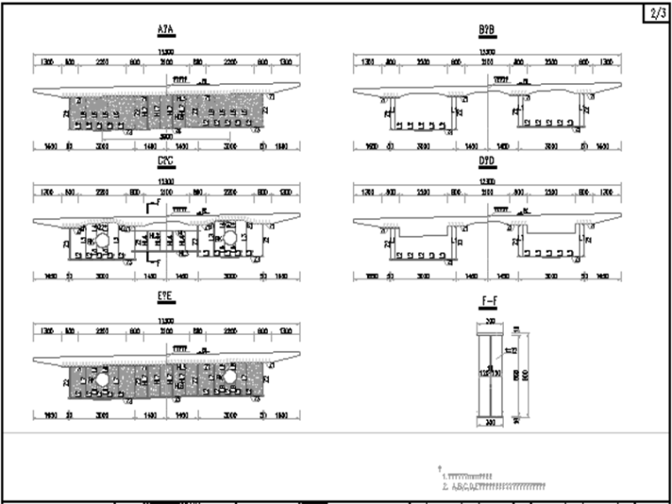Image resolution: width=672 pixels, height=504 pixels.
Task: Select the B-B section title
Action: (486, 30)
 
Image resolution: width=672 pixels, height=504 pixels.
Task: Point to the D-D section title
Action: (486, 163)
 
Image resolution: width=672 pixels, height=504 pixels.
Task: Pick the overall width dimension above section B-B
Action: (486, 53)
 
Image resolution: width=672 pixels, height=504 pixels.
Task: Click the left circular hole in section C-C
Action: (102, 240)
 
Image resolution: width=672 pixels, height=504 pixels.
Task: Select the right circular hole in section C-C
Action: (229, 240)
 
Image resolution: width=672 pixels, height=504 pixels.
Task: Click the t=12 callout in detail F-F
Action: (510, 351)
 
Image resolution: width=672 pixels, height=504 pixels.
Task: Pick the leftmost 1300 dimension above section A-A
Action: (47, 63)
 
